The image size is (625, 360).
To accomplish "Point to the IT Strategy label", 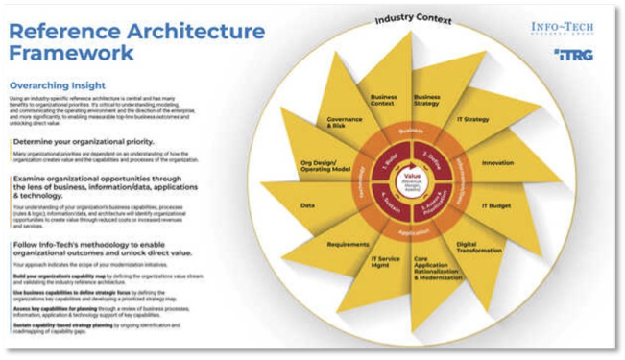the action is coord(473,119).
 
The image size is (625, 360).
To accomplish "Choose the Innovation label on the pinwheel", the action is coord(497,163).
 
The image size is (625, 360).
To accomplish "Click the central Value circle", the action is coord(412,180).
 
